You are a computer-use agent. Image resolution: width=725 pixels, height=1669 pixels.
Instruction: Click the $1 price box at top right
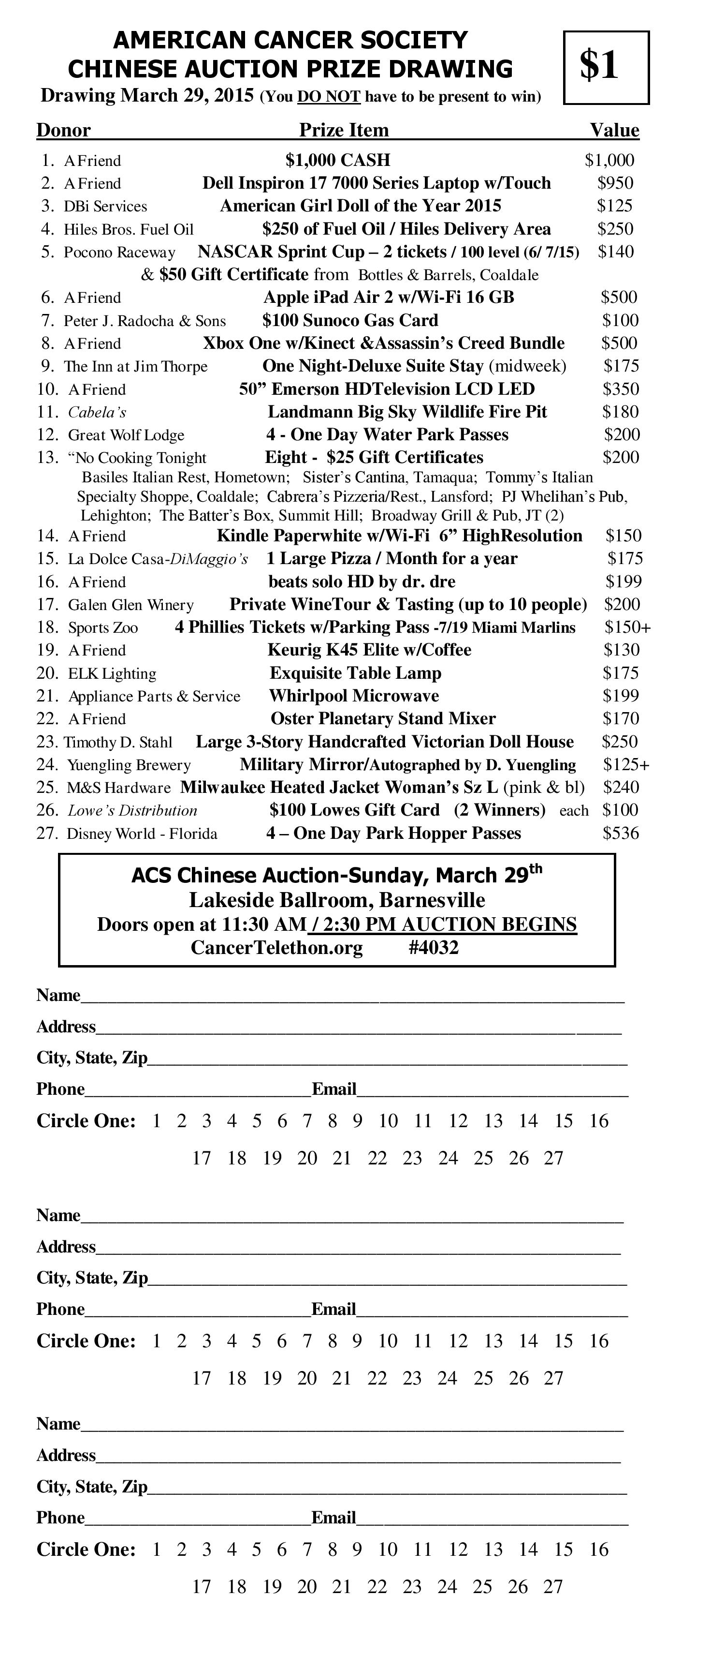[606, 67]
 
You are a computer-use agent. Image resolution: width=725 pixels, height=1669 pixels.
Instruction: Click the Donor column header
[63, 130]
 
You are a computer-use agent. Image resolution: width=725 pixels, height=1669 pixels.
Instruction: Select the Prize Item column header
[344, 130]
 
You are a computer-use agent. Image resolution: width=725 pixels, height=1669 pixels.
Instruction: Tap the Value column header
[614, 130]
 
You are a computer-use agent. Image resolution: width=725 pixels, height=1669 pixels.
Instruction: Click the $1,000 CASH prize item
[338, 160]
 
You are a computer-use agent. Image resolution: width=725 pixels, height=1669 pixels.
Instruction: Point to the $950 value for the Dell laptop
[615, 183]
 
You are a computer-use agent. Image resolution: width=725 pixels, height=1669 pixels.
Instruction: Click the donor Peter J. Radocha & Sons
[145, 321]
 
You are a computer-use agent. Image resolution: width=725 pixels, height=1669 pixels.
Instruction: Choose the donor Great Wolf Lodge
[126, 435]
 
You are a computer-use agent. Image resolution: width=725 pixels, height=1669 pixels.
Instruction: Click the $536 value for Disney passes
[620, 833]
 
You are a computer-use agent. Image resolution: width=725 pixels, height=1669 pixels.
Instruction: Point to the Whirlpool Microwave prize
[354, 696]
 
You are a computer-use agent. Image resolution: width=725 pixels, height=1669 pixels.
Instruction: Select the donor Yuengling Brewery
[129, 765]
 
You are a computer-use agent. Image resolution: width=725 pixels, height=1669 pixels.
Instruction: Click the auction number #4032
[434, 948]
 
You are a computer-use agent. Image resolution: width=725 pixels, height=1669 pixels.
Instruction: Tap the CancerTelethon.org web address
[276, 948]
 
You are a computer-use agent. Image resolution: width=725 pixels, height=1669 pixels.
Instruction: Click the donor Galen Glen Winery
[131, 605]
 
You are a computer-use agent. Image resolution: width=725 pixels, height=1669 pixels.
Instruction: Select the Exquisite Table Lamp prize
[355, 673]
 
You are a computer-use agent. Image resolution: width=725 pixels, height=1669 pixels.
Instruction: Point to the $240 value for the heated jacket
[621, 787]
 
